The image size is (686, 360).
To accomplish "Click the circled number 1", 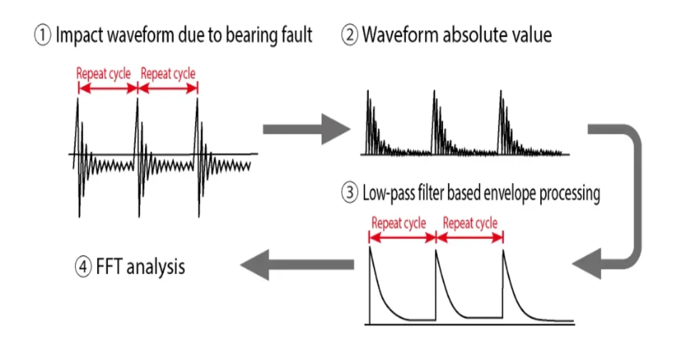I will click(x=43, y=36).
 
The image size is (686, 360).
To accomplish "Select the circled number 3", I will click(x=350, y=194).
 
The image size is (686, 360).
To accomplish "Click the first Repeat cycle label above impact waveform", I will click(x=103, y=73).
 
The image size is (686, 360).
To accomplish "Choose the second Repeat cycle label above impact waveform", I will click(x=167, y=73).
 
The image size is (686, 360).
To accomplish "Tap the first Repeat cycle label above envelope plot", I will click(x=398, y=223).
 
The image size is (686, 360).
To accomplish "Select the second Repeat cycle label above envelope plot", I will click(x=470, y=223).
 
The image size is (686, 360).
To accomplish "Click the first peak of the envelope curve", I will click(x=370, y=247).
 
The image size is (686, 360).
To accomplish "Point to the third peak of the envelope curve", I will click(x=504, y=249).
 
